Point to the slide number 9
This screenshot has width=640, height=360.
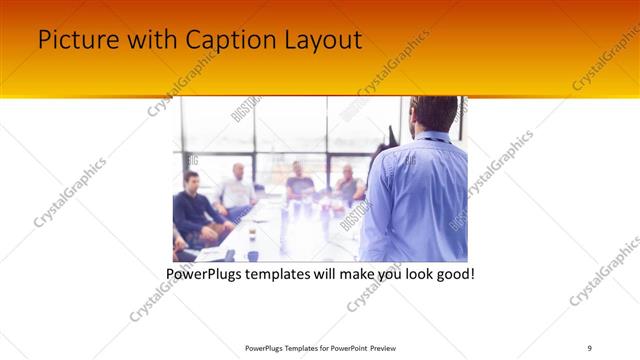point(589,347)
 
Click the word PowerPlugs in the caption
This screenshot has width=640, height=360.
point(206,272)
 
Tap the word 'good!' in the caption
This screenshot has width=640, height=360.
point(453,272)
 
